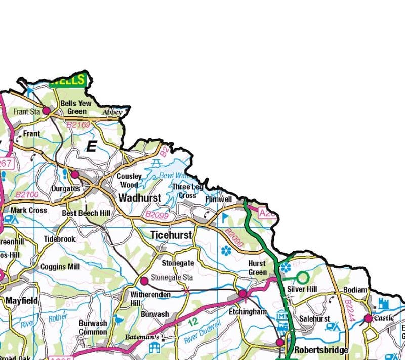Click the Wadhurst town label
point(140,197)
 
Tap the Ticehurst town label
point(171,235)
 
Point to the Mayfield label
point(21,301)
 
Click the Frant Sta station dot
point(46,110)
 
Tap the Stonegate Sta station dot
point(144,281)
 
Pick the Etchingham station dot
point(242,294)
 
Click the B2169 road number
point(78,124)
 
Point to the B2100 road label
point(26,194)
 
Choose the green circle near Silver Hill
point(303,277)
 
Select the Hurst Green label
point(257,268)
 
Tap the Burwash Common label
point(93,328)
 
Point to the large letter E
point(91,147)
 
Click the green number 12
point(192,321)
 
